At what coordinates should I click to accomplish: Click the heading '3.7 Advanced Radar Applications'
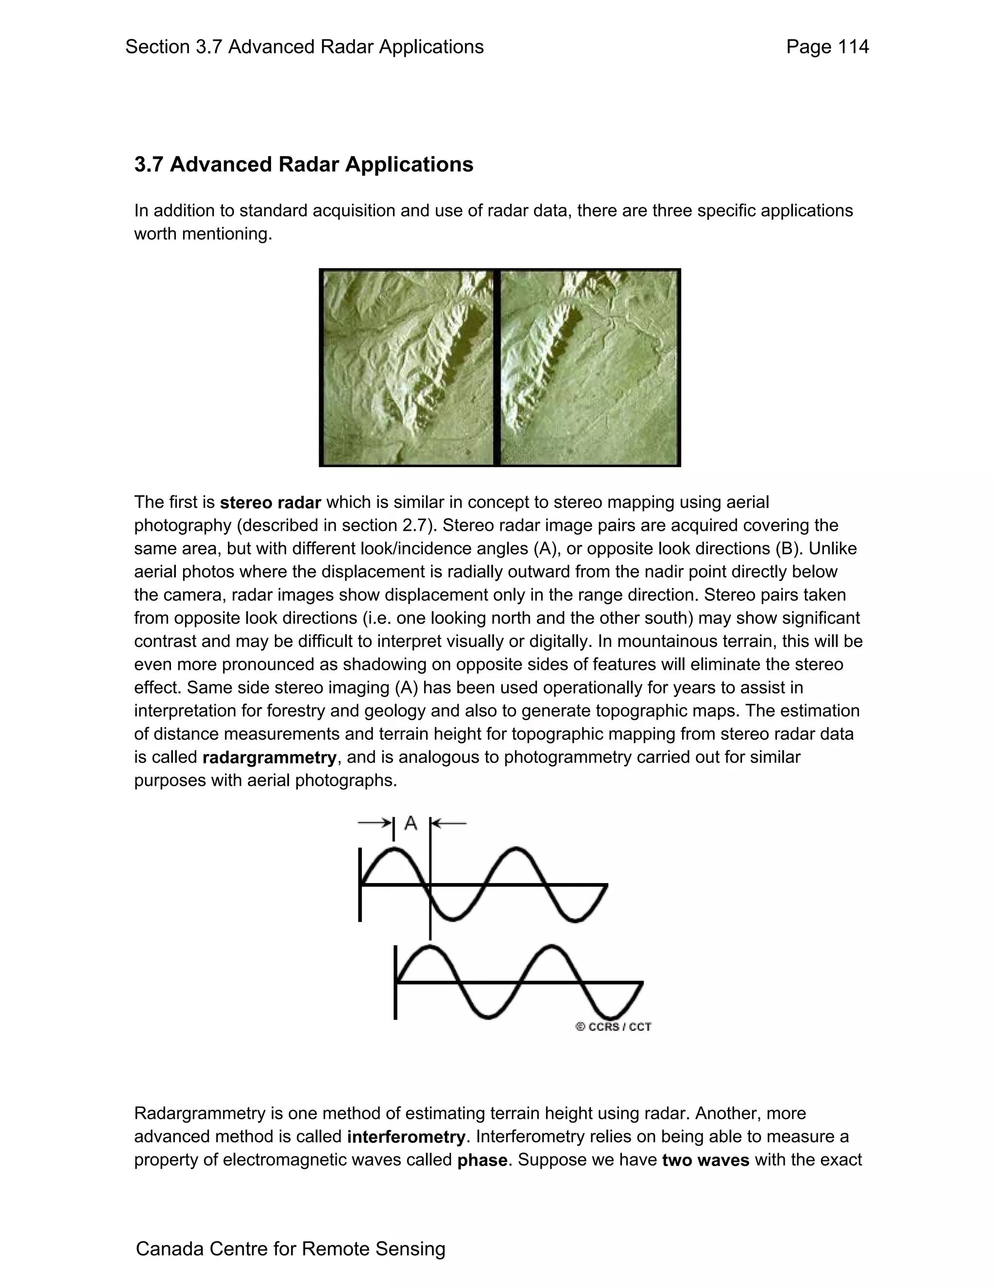tap(304, 165)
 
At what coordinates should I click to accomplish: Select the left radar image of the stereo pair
tap(408, 367)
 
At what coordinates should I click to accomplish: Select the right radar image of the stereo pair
tap(589, 367)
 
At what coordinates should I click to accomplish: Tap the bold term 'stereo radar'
tap(270, 503)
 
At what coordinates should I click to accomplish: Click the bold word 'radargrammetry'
tap(269, 757)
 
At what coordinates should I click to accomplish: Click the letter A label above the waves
tap(411, 823)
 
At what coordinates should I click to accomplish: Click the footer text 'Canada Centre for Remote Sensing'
tap(291, 1249)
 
